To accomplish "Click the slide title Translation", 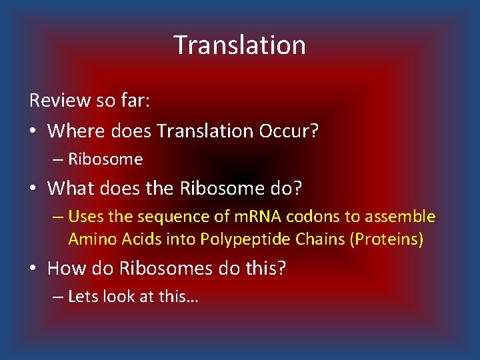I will point(240,45).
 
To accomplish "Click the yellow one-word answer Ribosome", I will point(105,159).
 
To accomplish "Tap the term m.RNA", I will point(233,217).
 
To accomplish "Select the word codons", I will point(287,217).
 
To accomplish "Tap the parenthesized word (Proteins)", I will point(387,239).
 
